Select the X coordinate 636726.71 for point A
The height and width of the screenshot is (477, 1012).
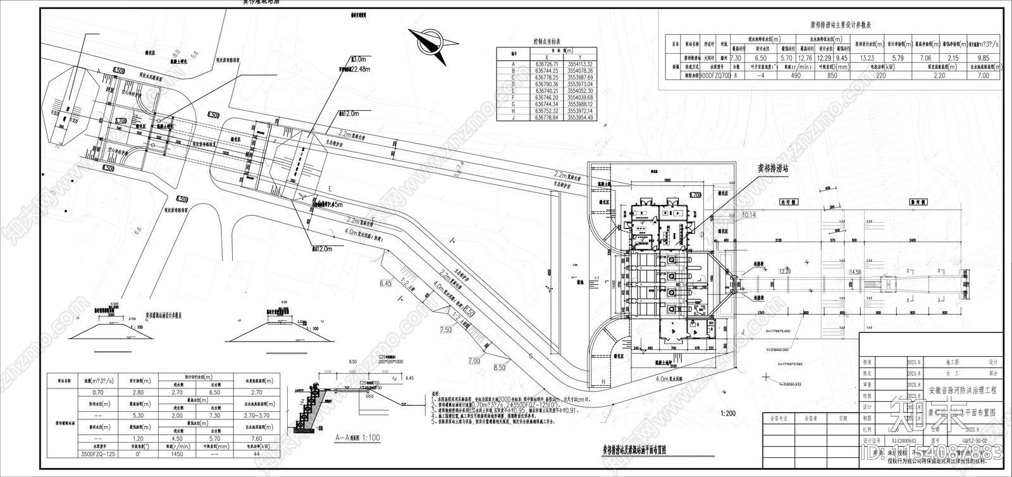pyautogui.click(x=546, y=64)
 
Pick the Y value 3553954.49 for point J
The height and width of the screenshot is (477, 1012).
pyautogui.click(x=580, y=118)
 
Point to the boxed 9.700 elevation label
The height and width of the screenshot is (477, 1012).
pyautogui.click(x=696, y=195)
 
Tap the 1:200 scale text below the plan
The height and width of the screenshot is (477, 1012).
pyautogui.click(x=728, y=413)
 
